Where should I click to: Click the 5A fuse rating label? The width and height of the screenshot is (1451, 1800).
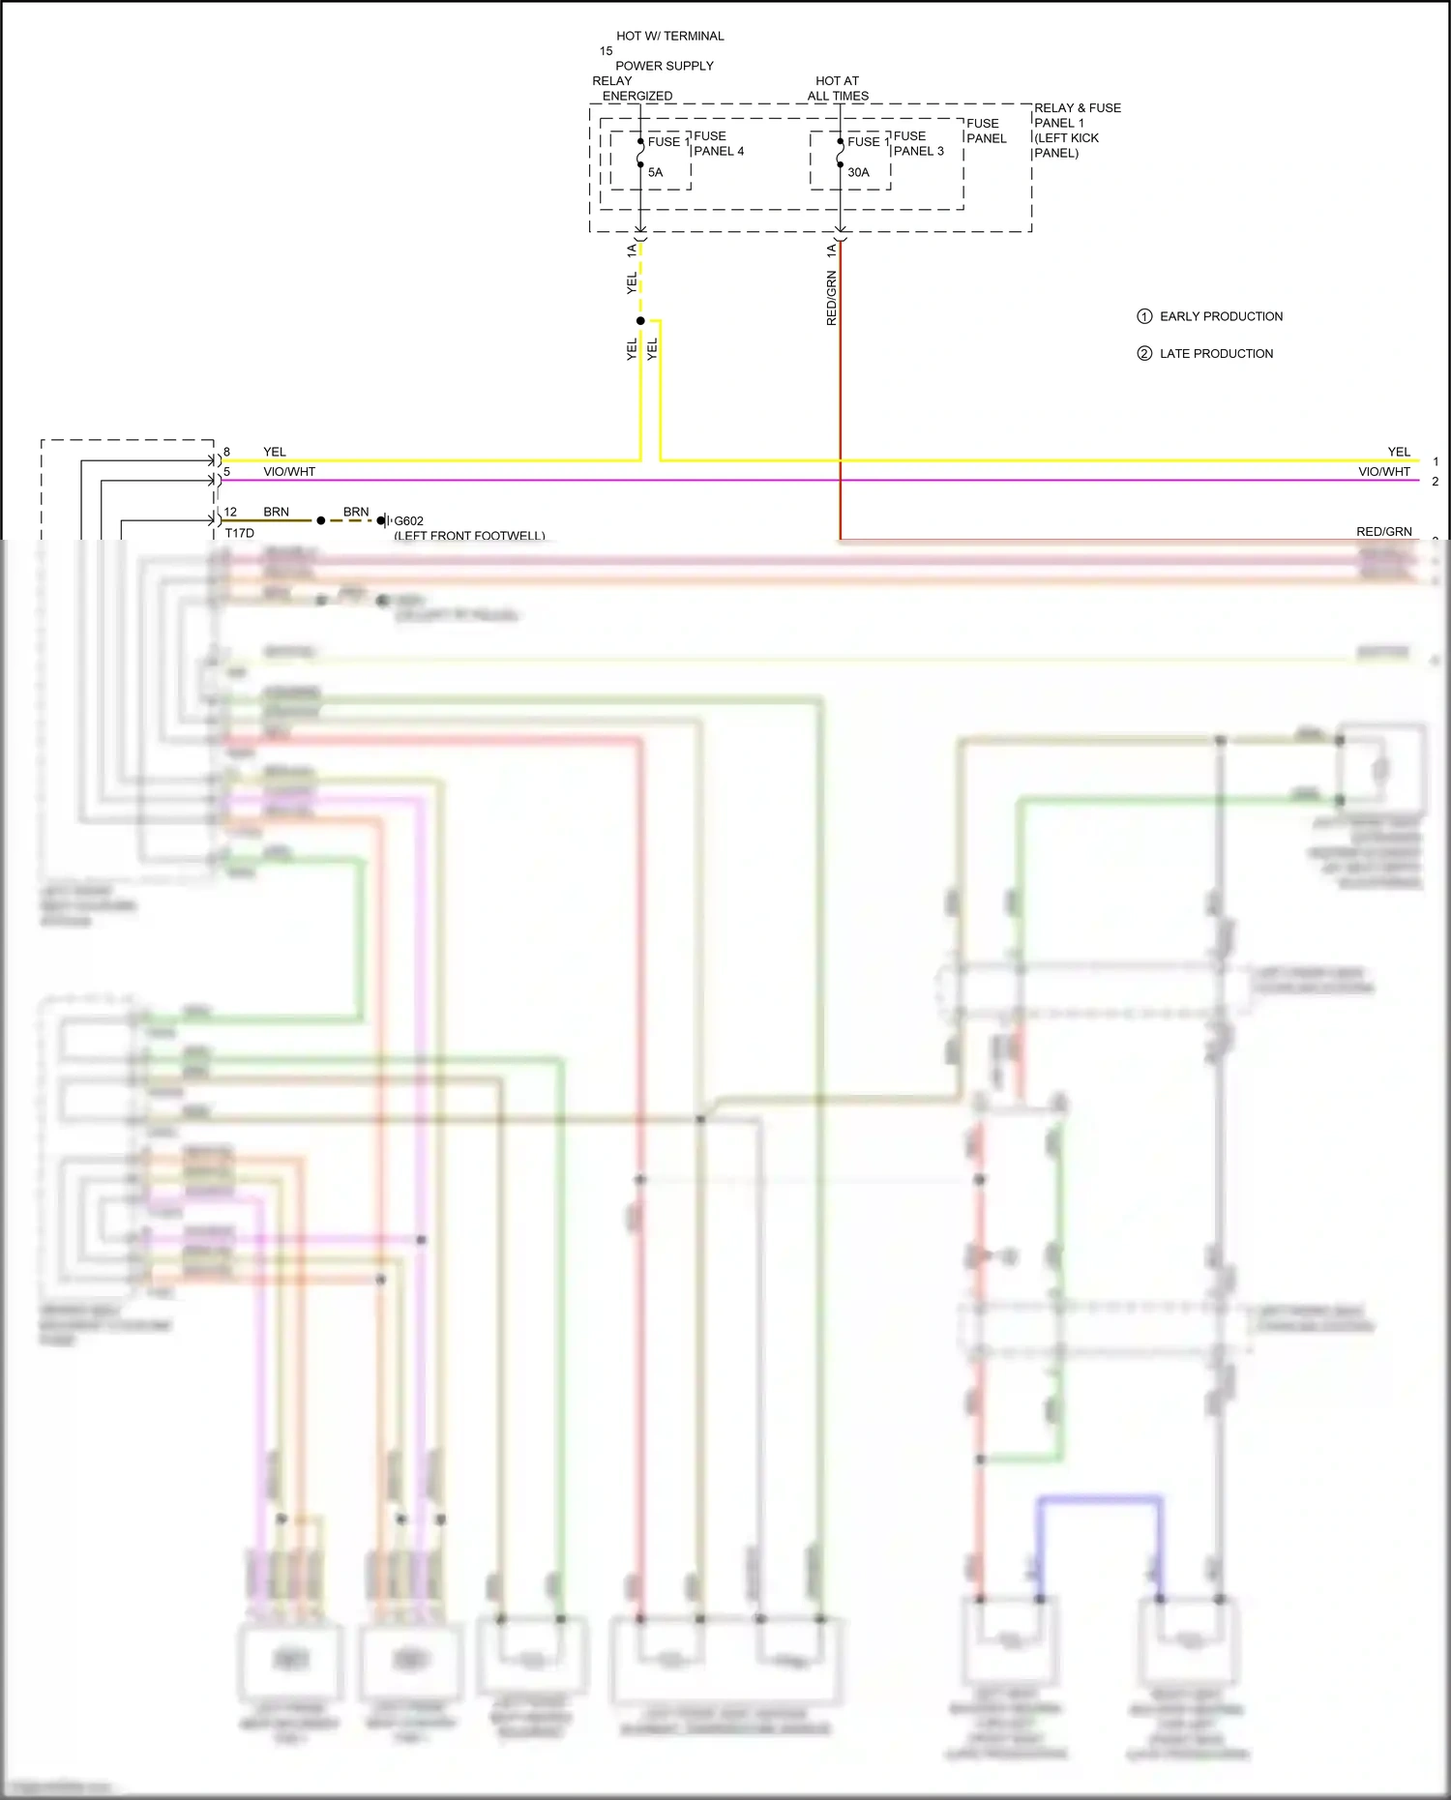pyautogui.click(x=655, y=172)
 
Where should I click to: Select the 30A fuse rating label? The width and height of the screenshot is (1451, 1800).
pyautogui.click(x=858, y=172)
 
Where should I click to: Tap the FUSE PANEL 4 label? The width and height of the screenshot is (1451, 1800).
pyautogui.click(x=718, y=143)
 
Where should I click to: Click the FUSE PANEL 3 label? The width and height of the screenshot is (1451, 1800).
pyautogui.click(x=918, y=143)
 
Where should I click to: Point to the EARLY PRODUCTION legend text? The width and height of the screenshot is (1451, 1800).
pyautogui.click(x=1221, y=316)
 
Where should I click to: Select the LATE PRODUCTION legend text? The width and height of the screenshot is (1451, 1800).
pyautogui.click(x=1216, y=354)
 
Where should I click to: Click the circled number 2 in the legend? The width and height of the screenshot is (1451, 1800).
pyautogui.click(x=1144, y=354)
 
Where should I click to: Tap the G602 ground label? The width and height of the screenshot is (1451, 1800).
pyautogui.click(x=408, y=521)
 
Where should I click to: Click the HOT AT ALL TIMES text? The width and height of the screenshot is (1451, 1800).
pyautogui.click(x=838, y=88)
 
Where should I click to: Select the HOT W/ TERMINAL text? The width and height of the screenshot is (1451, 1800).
pyautogui.click(x=670, y=36)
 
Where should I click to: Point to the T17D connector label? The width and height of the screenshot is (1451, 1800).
pyautogui.click(x=239, y=533)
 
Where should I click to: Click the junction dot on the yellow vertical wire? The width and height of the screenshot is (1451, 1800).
pyautogui.click(x=640, y=321)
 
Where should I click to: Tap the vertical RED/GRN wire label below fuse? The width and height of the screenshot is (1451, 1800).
pyautogui.click(x=831, y=298)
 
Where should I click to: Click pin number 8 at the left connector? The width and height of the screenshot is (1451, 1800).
pyautogui.click(x=226, y=452)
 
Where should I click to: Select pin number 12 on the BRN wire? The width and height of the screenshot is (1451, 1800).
pyautogui.click(x=230, y=512)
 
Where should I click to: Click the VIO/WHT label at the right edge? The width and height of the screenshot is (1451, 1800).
pyautogui.click(x=1383, y=472)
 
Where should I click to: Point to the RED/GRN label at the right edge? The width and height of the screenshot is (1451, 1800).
pyautogui.click(x=1383, y=531)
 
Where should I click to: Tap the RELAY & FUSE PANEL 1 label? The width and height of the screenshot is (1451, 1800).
pyautogui.click(x=1077, y=130)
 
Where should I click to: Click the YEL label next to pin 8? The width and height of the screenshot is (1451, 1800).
pyautogui.click(x=275, y=452)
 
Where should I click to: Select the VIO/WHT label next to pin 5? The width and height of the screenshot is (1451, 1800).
pyautogui.click(x=289, y=472)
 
